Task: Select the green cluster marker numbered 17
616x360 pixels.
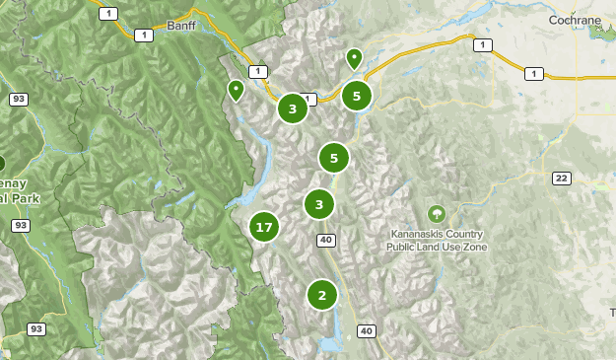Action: click(263, 228)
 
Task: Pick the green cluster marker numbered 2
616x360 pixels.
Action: click(321, 294)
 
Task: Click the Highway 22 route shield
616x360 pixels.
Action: click(561, 178)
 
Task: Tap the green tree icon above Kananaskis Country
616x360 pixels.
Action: click(436, 213)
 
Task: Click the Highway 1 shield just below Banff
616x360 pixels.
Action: click(146, 36)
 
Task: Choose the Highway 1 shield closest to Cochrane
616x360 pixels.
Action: click(533, 74)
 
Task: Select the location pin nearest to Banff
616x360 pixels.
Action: click(236, 91)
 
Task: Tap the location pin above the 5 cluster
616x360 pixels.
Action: click(354, 59)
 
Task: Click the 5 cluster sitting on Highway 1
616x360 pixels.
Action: click(356, 97)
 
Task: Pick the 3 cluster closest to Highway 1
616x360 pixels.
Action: click(292, 108)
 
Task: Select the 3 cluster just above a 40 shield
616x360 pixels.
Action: click(318, 204)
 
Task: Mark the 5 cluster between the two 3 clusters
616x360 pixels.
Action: click(334, 158)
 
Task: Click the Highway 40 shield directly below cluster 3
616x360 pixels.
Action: click(326, 240)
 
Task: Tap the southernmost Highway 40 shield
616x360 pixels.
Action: click(367, 330)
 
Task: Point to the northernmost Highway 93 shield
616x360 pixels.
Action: click(19, 100)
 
